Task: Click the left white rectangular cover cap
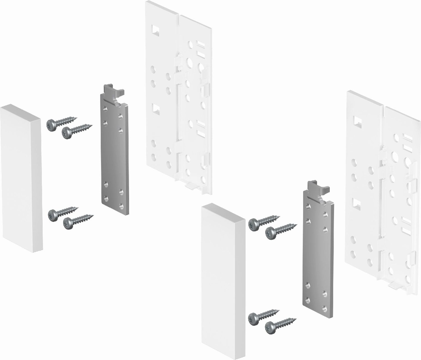(21, 178)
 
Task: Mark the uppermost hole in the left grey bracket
(106, 108)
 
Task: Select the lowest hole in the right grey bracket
(323, 307)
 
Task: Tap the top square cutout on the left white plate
(155, 31)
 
